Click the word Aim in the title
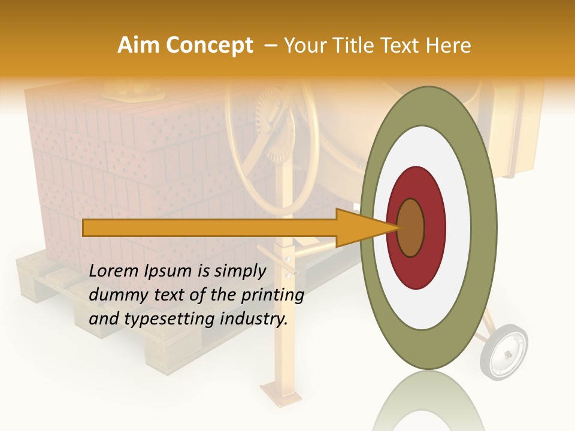coord(138,45)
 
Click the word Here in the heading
coord(449,45)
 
